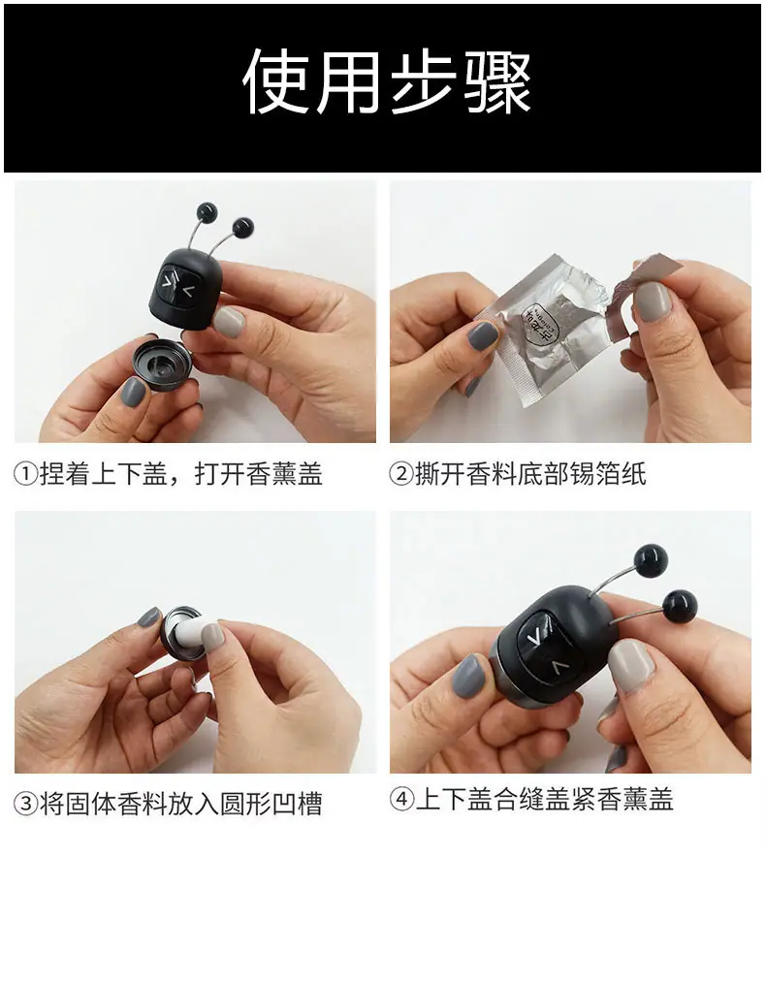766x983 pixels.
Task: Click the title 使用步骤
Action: (387, 82)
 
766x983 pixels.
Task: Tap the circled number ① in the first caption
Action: (26, 474)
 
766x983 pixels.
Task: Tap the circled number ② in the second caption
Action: (401, 474)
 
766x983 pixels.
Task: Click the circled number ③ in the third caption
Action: (26, 803)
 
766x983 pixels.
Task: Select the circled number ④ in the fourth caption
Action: (401, 799)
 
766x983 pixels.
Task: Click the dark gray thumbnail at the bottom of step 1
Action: (133, 392)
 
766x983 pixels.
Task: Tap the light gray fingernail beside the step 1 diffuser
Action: (229, 321)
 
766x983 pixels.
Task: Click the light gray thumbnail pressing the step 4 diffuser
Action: (632, 664)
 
